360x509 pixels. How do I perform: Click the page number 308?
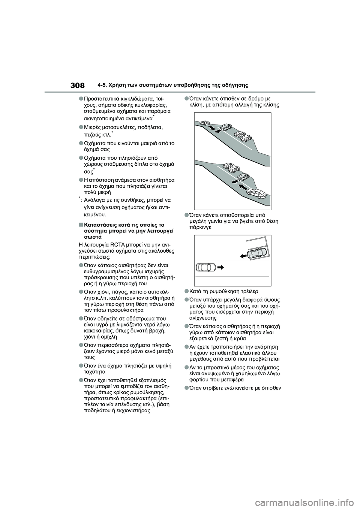[x=77, y=85]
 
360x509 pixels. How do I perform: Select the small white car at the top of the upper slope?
[x=205, y=123]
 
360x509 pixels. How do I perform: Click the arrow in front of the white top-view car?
[x=220, y=267]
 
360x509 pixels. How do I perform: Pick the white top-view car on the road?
[x=205, y=267]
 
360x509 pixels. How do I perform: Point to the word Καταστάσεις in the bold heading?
[x=100, y=225]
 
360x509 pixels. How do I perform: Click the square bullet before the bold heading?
[x=81, y=225]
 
